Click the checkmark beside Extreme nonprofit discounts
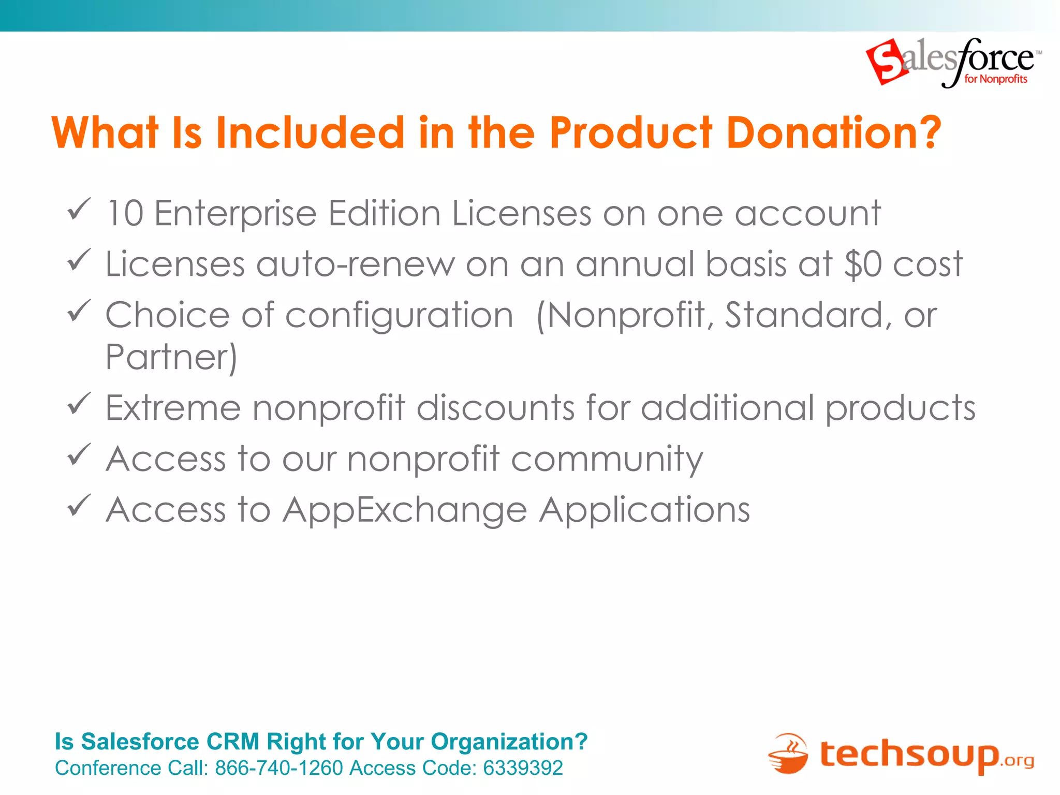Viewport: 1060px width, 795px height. coord(79,404)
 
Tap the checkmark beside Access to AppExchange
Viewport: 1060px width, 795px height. coord(79,506)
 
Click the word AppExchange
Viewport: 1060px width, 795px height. coord(405,510)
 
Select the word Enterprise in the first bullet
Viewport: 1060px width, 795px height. coord(235,214)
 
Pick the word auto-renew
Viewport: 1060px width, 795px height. coord(355,264)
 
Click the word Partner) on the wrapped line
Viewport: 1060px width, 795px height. coord(171,357)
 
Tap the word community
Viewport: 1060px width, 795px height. coord(607,460)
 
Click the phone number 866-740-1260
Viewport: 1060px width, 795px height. coord(279,768)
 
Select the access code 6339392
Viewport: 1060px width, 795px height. coord(523,768)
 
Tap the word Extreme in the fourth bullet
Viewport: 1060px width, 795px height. coord(173,408)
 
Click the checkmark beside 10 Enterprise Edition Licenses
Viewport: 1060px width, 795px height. coord(79,209)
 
